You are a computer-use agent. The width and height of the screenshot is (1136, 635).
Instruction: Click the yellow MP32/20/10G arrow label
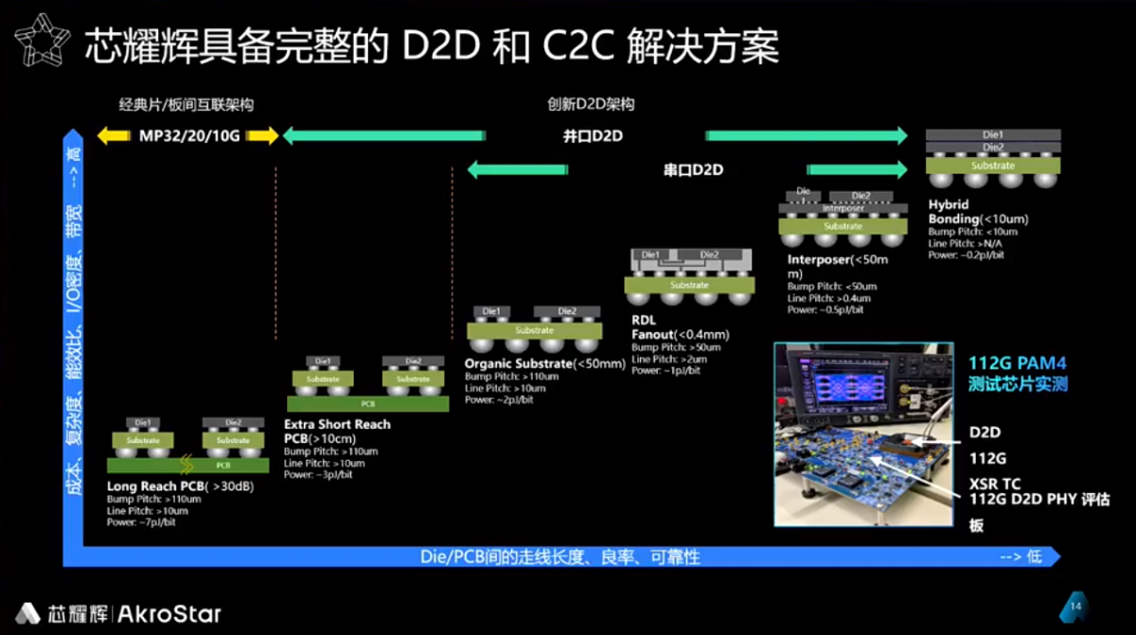click(187, 136)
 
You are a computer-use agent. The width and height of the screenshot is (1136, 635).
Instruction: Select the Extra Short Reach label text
click(337, 424)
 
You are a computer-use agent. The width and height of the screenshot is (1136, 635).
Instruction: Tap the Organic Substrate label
click(519, 363)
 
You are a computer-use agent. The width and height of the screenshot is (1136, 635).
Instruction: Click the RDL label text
click(644, 320)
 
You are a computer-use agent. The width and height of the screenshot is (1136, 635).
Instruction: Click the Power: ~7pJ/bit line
click(141, 521)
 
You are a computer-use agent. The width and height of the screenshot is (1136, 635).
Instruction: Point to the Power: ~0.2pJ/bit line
click(966, 255)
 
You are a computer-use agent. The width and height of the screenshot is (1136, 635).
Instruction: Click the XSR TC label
click(995, 484)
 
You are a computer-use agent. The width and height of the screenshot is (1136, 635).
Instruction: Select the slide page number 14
click(1075, 606)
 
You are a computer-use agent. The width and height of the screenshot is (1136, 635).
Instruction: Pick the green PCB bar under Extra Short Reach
click(367, 403)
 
